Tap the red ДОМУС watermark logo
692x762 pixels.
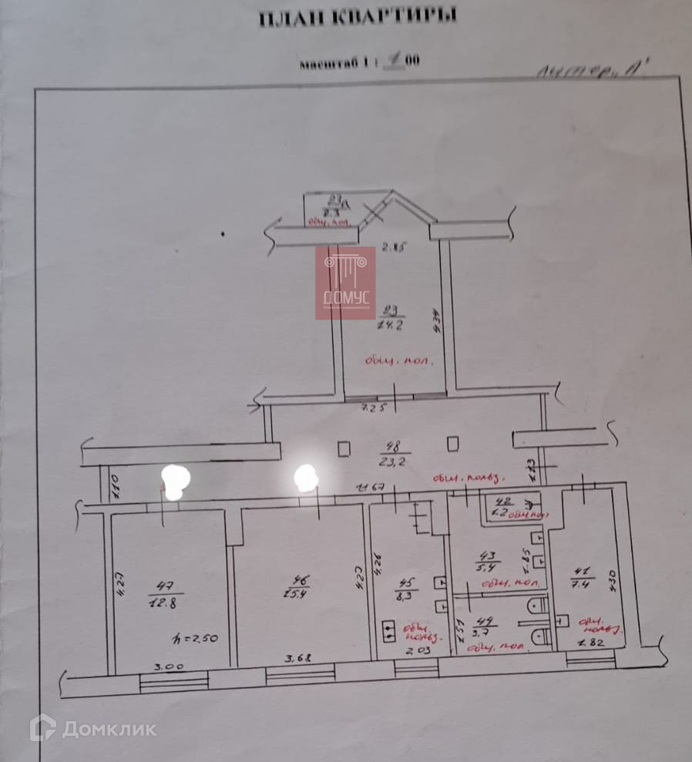pyautogui.click(x=345, y=283)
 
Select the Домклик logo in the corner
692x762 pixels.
pyautogui.click(x=92, y=728)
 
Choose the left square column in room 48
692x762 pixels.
pyautogui.click(x=344, y=447)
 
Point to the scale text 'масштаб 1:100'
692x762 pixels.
pyautogui.click(x=359, y=64)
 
